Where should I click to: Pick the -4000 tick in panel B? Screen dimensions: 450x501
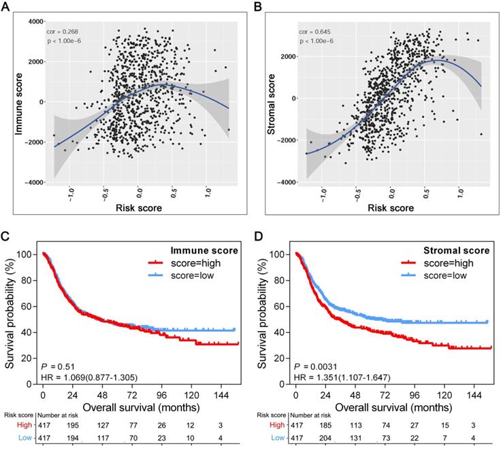tap(289, 182)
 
